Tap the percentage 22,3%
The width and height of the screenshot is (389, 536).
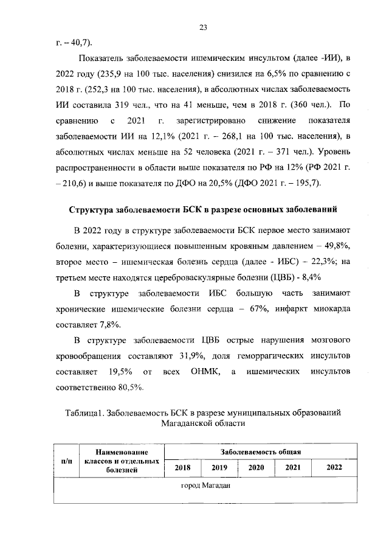(314, 261)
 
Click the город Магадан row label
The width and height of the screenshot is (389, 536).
(204, 487)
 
